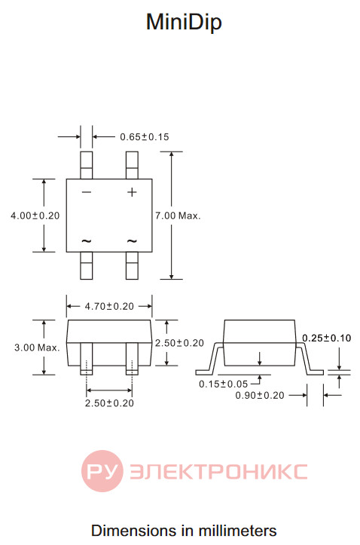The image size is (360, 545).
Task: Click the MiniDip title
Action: coord(184,22)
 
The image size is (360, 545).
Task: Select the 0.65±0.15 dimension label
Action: coord(145,137)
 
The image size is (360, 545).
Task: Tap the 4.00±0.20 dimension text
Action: coord(35,216)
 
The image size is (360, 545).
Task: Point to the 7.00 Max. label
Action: coord(178,216)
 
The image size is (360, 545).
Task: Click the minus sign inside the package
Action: coord(87,192)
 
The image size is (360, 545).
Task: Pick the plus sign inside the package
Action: coord(132,192)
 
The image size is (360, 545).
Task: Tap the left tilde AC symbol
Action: coord(87,240)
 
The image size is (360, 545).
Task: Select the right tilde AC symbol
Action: coord(132,240)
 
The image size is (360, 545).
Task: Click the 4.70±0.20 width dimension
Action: coord(109,306)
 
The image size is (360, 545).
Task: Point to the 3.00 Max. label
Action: coord(37,348)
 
